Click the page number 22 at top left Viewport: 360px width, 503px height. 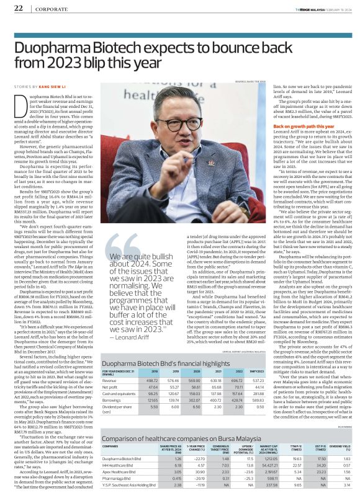(x=18, y=7)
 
